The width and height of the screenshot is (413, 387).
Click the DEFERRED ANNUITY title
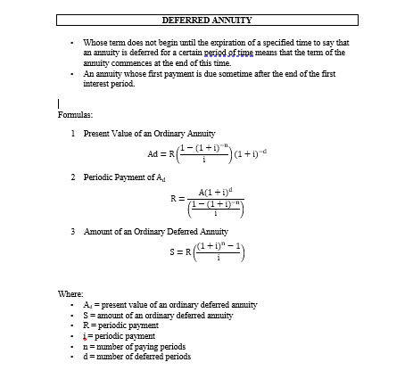pyautogui.click(x=207, y=19)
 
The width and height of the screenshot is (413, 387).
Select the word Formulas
pyautogui.click(x=75, y=115)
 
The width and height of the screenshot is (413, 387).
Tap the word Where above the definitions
pyautogui.click(x=70, y=292)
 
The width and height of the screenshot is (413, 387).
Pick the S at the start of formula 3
pyautogui.click(x=176, y=259)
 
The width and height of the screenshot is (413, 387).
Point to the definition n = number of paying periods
pyautogui.click(x=134, y=346)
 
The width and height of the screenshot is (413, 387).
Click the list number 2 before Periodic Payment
pyautogui.click(x=72, y=177)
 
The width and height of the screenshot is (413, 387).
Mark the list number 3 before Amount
pyautogui.click(x=72, y=231)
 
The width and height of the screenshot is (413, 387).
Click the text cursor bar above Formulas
pyautogui.click(x=57, y=103)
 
